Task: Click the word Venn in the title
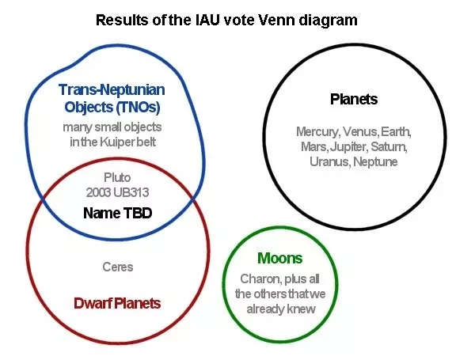tap(276, 20)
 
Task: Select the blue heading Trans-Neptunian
tap(112, 90)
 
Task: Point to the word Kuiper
tap(116, 142)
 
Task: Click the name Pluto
tap(117, 177)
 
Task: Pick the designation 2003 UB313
tap(117, 192)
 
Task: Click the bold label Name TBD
tap(117, 213)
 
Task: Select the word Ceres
tap(118, 267)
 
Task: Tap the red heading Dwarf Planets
tap(117, 303)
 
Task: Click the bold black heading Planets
tap(354, 99)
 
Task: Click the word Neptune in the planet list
tap(375, 161)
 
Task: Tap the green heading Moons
tap(280, 258)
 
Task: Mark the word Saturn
tap(389, 146)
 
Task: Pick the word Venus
tap(361, 131)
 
